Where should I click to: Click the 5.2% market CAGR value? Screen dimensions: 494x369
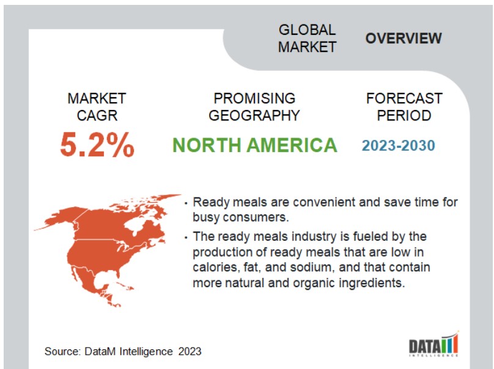tap(97, 145)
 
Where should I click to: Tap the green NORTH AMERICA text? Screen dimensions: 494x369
tap(254, 145)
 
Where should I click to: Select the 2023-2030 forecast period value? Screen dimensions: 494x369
tap(398, 146)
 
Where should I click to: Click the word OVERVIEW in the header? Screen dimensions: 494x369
tap(404, 38)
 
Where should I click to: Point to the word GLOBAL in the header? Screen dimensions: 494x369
tap(307, 30)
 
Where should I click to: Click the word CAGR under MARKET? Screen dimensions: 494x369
tap(97, 115)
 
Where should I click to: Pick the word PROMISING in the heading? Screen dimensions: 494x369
tap(254, 98)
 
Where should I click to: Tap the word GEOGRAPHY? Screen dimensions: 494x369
tap(254, 115)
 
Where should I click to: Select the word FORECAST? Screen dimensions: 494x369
tap(404, 98)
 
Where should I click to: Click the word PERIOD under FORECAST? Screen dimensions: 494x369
tap(404, 115)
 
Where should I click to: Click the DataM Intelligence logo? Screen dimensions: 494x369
tap(434, 344)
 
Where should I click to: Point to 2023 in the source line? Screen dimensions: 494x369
tap(190, 351)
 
